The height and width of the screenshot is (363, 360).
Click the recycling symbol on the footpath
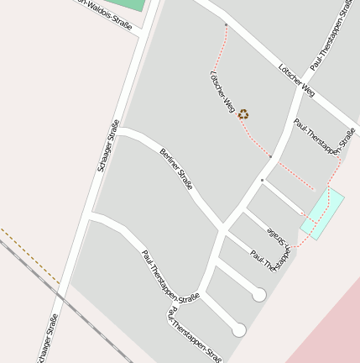[243, 114]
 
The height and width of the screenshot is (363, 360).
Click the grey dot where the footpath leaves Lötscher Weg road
[226, 25]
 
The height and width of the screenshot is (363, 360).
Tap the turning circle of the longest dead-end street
[239, 330]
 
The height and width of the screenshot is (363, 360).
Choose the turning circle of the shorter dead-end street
[259, 295]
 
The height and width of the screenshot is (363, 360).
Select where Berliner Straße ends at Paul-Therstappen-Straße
[223, 229]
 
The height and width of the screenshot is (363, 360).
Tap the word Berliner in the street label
[169, 160]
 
